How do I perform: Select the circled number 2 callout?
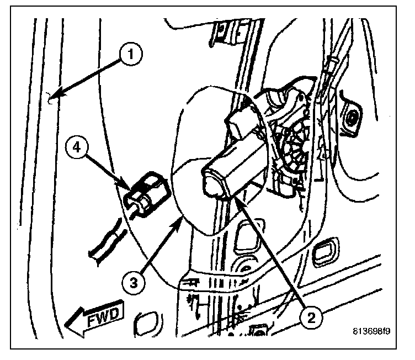click(x=312, y=316)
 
